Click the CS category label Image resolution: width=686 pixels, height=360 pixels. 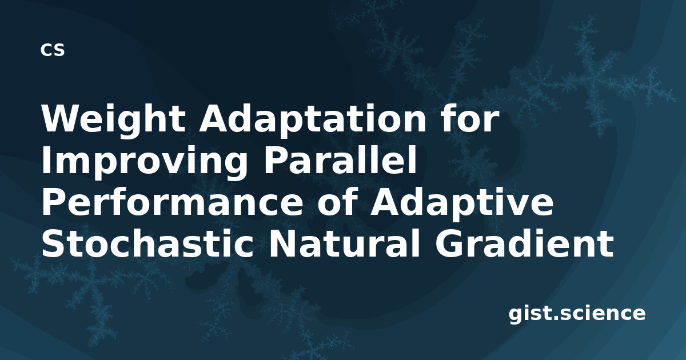(x=53, y=50)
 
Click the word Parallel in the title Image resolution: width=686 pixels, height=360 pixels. (x=340, y=160)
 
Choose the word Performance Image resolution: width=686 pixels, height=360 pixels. (x=172, y=203)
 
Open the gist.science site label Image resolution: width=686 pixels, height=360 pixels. (x=577, y=314)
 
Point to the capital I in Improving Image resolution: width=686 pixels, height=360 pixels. (x=46, y=161)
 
